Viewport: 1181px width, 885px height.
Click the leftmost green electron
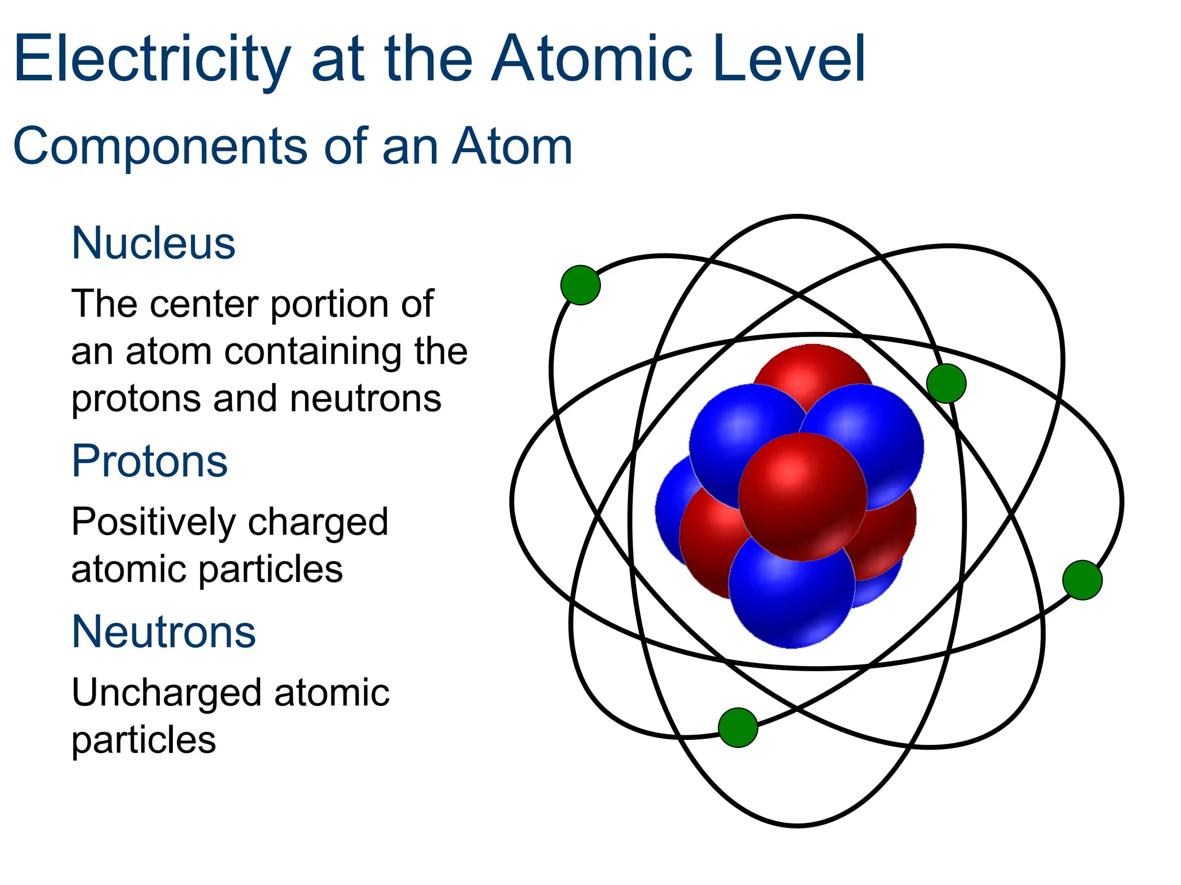click(580, 285)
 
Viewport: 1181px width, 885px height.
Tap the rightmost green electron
click(1082, 580)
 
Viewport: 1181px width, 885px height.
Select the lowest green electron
click(738, 728)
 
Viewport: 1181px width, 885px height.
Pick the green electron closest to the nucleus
click(946, 383)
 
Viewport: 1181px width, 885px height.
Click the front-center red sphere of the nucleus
click(802, 497)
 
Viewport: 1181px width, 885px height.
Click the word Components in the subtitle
click(160, 146)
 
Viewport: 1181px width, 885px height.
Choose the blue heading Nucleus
click(153, 243)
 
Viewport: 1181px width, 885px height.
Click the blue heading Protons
click(149, 462)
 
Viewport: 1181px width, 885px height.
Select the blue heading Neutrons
click(164, 631)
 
